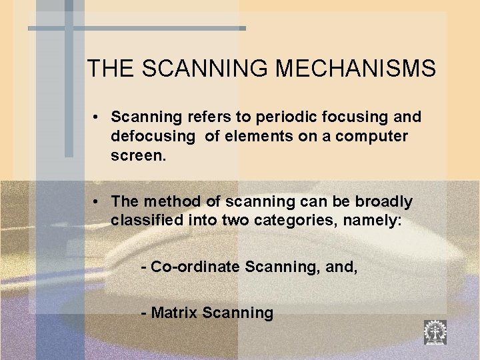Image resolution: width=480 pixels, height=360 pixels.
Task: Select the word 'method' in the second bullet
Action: (167, 201)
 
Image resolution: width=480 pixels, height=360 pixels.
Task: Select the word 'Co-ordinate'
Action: (197, 267)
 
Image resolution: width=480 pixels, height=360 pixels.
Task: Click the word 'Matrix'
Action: (174, 313)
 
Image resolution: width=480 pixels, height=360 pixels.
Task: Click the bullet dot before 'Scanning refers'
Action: (97, 118)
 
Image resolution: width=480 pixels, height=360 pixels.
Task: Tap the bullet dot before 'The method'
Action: (97, 202)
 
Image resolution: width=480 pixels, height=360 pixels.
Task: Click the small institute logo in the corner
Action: (435, 331)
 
